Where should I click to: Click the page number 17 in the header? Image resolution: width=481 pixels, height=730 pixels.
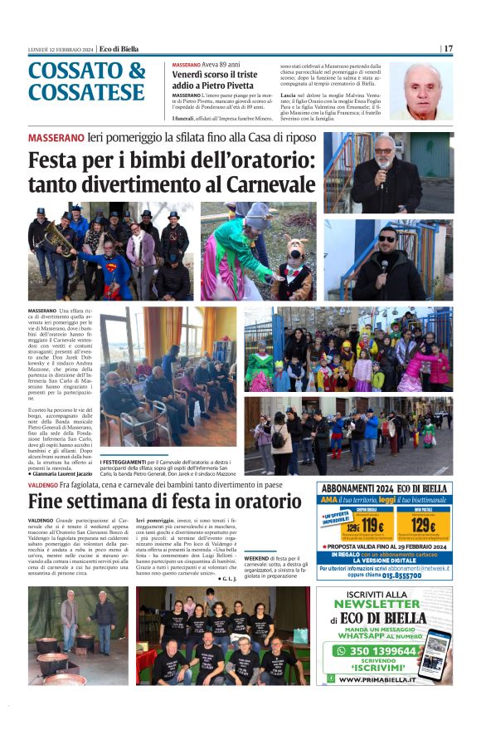point(448,48)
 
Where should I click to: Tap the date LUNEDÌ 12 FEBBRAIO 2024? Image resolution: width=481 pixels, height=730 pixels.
point(60,49)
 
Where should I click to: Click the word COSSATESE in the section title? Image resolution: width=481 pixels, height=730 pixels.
point(86,92)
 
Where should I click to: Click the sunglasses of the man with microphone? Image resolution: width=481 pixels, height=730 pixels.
point(387,238)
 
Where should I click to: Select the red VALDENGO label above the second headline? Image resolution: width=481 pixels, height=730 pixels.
point(42,483)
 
